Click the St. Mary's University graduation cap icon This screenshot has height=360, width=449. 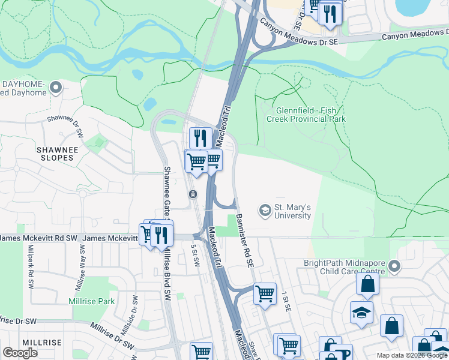(265, 211)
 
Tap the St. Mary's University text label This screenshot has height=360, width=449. (293, 211)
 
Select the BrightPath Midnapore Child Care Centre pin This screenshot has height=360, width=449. (394, 265)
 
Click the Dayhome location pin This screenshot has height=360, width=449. (56, 88)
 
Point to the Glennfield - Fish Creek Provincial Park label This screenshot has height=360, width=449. (310, 115)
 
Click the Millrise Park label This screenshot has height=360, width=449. (91, 301)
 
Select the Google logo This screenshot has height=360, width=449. (20, 352)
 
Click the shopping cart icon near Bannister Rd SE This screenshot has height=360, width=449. (265, 294)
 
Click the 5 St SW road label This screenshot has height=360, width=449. (194, 257)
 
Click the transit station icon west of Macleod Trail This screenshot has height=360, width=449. (193, 194)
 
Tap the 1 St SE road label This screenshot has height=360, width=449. (286, 301)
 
